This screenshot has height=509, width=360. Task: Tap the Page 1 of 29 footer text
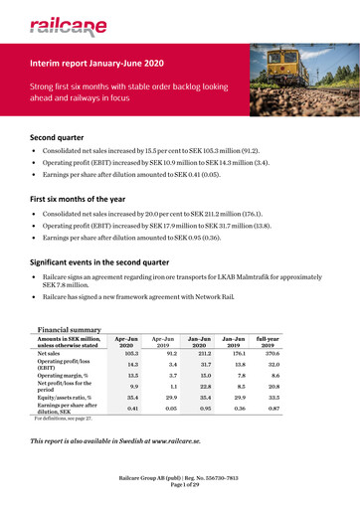(179, 499)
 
